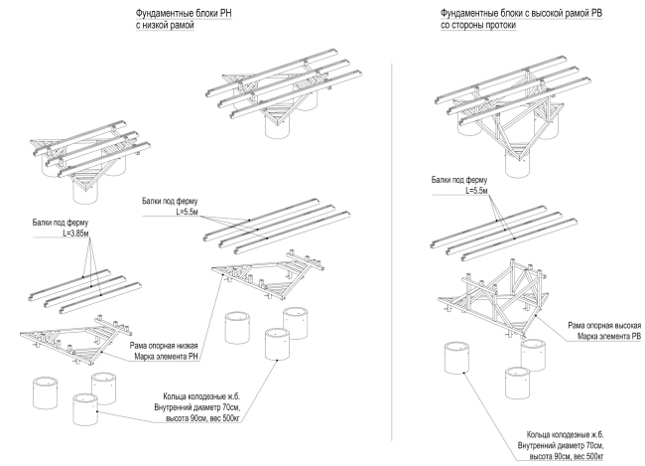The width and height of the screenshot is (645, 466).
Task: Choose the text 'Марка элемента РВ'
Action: point(606,337)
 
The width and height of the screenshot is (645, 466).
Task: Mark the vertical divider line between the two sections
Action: point(392,248)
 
